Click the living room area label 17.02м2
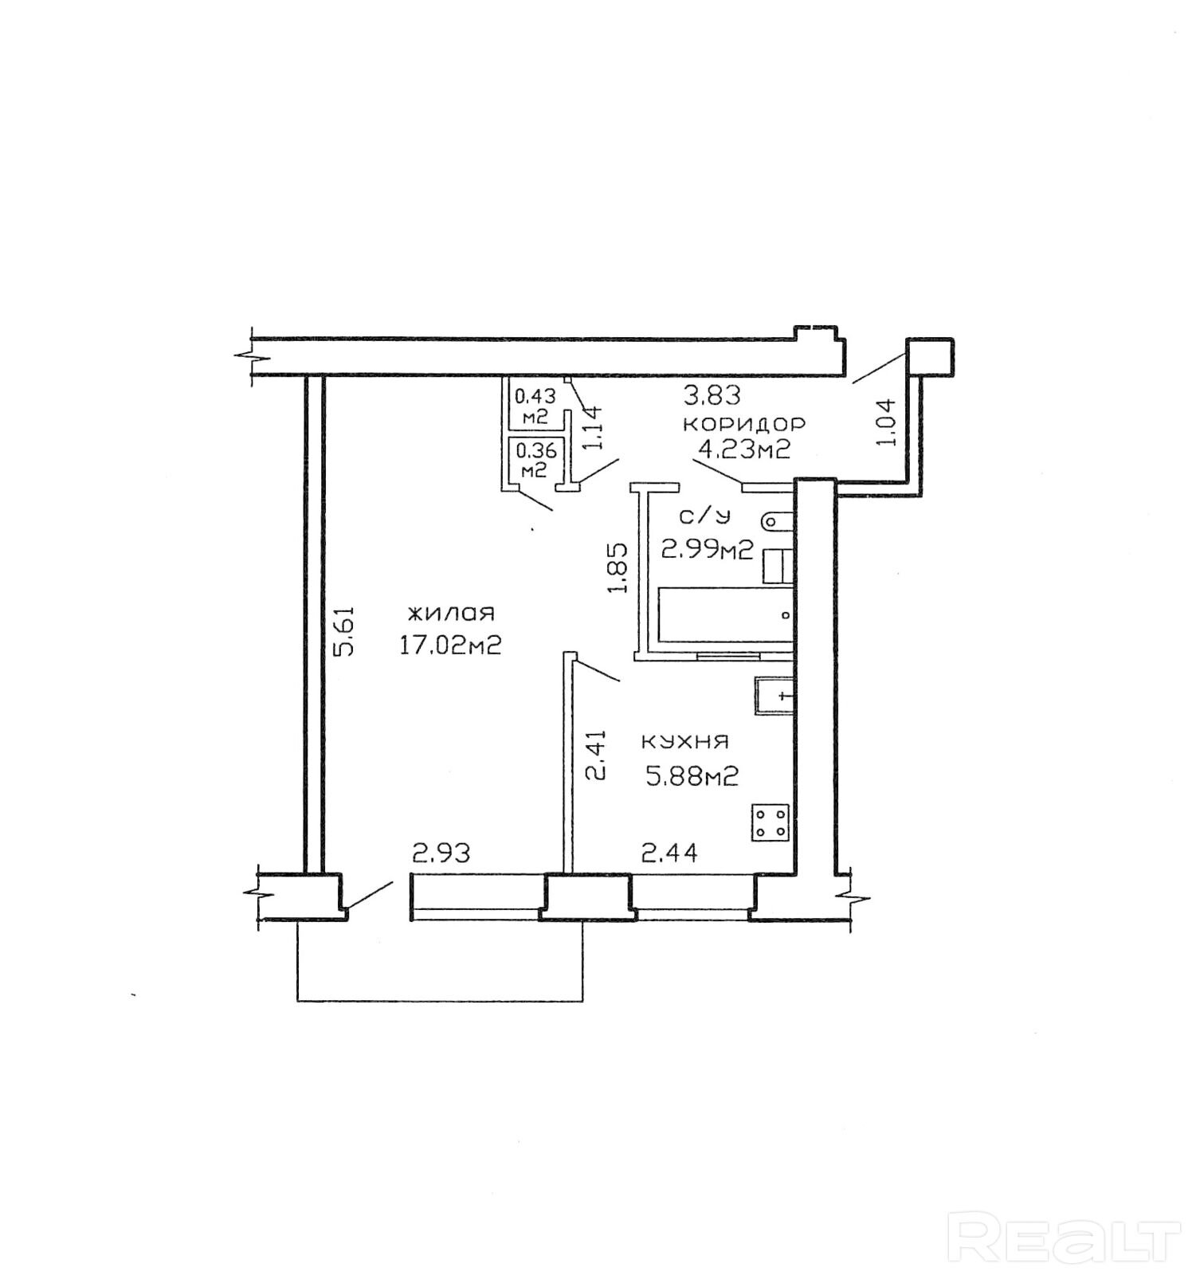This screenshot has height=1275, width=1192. point(450,645)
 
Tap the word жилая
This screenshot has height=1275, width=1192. point(451,613)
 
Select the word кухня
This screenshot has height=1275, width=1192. point(685,742)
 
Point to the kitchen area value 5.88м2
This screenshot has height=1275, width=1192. point(692,775)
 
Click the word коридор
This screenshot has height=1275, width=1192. point(744,422)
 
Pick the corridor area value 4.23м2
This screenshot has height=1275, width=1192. point(744,449)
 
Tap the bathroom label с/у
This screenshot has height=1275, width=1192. point(704,517)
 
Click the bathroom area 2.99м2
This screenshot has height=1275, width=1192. point(708,549)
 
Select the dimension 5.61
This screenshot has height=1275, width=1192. point(343,630)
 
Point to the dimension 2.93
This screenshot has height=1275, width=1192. point(441,853)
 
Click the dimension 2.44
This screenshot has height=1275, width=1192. point(670,853)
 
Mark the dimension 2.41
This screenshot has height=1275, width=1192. point(595,755)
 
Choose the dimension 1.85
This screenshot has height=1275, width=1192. point(618,567)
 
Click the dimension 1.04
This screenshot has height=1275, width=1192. point(886,422)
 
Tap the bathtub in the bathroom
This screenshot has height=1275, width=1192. point(724,615)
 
